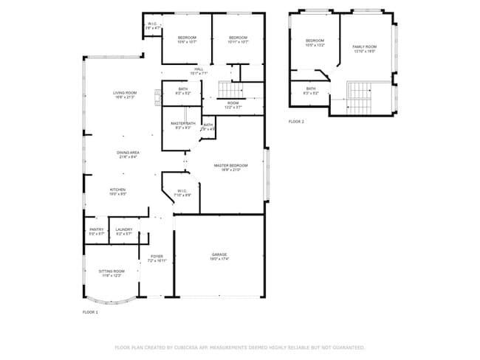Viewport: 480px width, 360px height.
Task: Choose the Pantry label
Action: coord(97,231)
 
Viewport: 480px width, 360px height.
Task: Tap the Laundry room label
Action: coord(124,231)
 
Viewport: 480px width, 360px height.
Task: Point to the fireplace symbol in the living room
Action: coord(157,94)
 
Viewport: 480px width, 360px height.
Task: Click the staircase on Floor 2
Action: coord(360,94)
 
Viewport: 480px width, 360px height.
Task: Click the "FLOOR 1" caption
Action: coord(89,313)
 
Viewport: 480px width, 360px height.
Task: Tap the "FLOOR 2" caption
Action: coord(295,122)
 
